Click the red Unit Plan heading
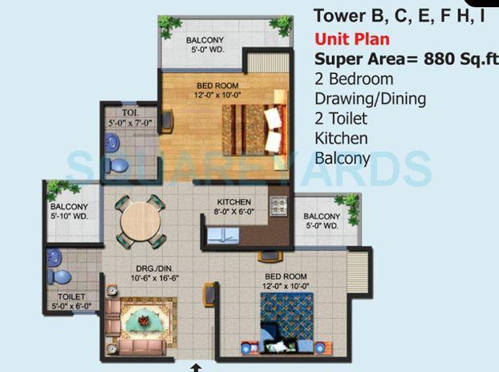pos(352,38)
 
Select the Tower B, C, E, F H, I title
pos(399,14)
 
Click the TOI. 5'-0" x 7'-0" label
pos(123,119)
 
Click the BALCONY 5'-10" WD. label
pos(69,211)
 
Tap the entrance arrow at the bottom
pos(196,367)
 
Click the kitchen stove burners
pos(278,206)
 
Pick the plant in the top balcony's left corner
pos(170,26)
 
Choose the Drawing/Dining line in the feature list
pos(370,99)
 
